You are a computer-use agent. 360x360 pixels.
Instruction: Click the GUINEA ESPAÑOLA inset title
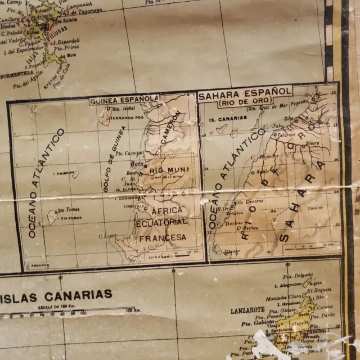pyautogui.click(x=124, y=99)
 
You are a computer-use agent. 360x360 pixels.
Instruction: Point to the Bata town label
pyautogui.click(x=137, y=165)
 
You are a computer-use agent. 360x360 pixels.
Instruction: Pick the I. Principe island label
pyautogui.click(x=64, y=173)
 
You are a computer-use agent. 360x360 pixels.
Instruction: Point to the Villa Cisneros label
pyautogui.click(x=246, y=201)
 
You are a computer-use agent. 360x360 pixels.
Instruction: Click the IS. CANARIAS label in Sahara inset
pyautogui.click(x=227, y=119)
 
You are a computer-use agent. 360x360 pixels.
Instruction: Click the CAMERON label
pyautogui.click(x=172, y=127)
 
